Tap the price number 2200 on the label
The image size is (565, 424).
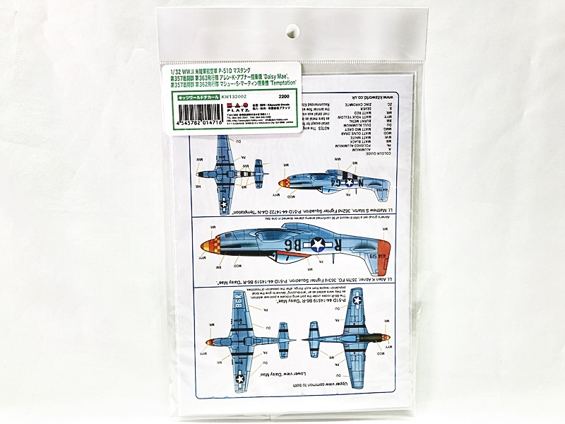pos(285,97)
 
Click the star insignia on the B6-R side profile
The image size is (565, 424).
pos(315,246)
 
